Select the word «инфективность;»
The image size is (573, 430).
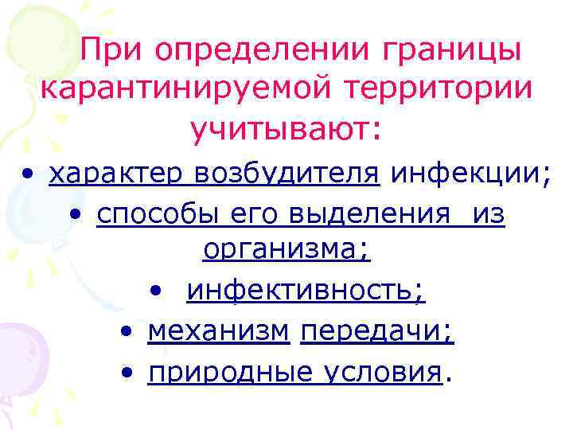(x=306, y=291)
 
